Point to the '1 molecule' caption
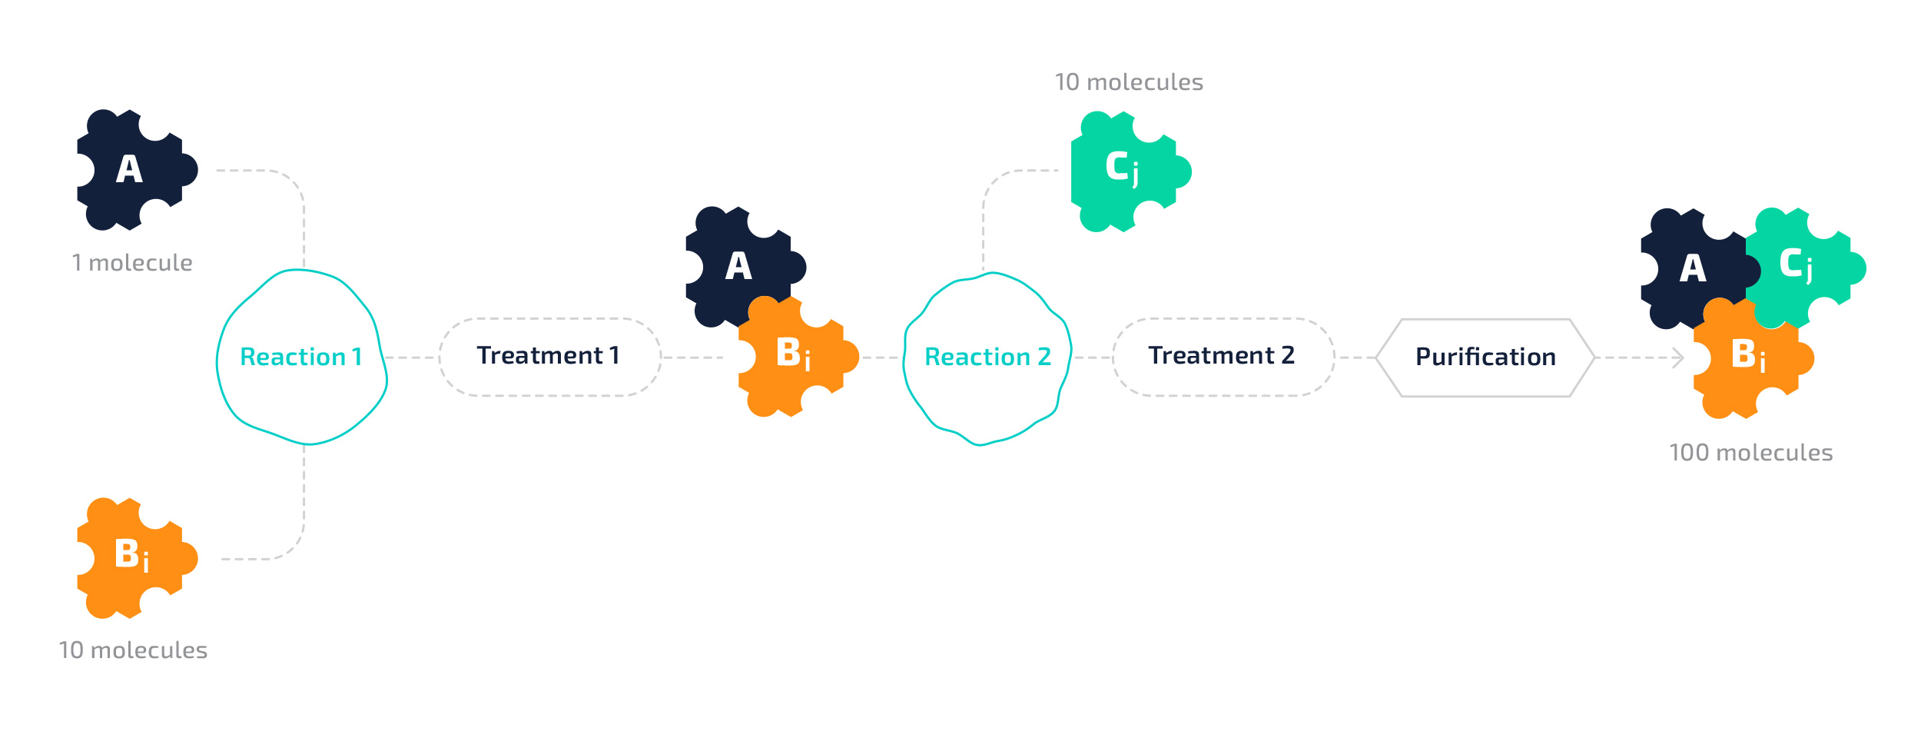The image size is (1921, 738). (132, 263)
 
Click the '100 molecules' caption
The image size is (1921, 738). (1751, 453)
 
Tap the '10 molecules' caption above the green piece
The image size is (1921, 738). (1129, 82)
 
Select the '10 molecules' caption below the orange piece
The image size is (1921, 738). (133, 650)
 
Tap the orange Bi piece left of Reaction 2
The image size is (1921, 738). (795, 357)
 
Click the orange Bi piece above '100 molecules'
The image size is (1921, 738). (1752, 361)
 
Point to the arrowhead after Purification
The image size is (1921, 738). (1679, 357)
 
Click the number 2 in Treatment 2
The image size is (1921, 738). (1288, 355)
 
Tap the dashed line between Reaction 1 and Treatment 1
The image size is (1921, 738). (412, 357)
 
